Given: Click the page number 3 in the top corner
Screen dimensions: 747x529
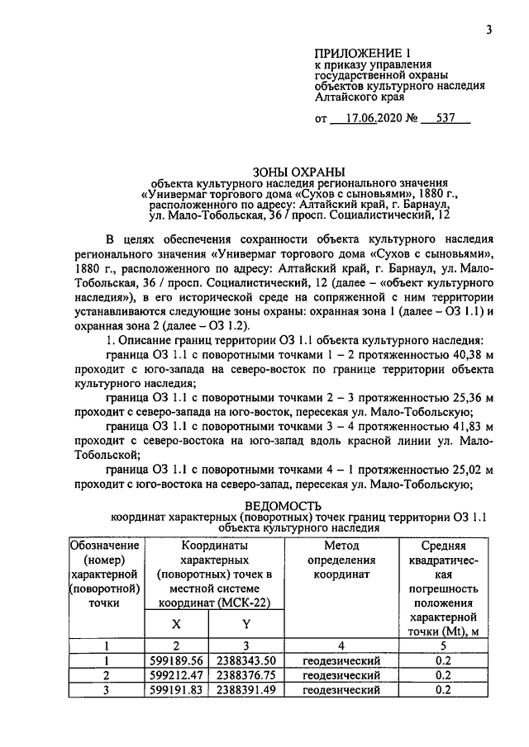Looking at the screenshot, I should click(x=488, y=31).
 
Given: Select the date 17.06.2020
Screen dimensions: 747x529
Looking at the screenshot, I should click(x=372, y=118).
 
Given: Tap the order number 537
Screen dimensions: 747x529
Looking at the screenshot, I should click(x=446, y=118).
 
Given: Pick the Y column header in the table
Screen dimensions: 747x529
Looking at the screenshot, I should click(x=246, y=626).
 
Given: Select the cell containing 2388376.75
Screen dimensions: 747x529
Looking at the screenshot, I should click(x=246, y=675).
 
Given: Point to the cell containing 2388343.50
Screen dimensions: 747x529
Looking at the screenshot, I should click(x=246, y=661).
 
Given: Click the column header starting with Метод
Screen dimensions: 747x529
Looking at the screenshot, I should click(x=341, y=546).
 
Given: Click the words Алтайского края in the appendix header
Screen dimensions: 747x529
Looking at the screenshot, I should click(x=356, y=96).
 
